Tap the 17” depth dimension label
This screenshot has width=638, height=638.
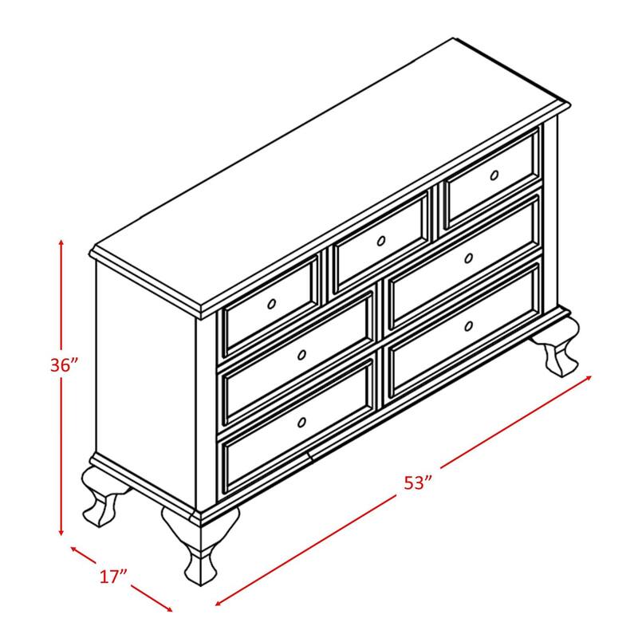114,576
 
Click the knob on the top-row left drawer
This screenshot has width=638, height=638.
271,303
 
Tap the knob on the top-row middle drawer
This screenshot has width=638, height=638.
380,240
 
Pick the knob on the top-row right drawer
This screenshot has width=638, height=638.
494,175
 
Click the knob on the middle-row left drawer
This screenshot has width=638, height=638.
301,354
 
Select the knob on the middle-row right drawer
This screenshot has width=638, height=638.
469,258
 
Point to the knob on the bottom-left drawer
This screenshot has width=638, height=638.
301,421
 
